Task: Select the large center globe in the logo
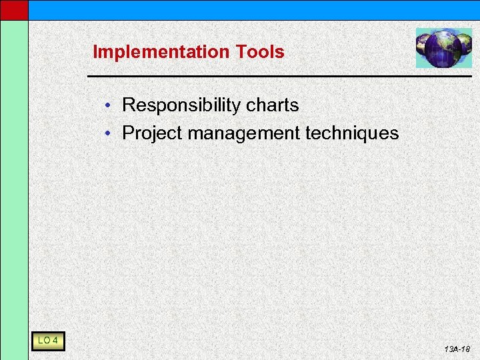443,49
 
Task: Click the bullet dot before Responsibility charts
115,106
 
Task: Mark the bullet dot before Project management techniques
115,133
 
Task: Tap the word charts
273,105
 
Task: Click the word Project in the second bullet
152,133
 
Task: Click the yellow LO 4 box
47,341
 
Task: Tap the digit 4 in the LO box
55,341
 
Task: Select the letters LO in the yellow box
44,341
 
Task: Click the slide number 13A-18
457,349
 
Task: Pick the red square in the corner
14,9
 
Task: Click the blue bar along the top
253,9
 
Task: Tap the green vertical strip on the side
14,187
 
